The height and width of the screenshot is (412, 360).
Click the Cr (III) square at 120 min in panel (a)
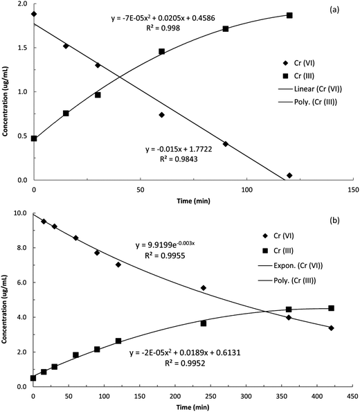click(x=289, y=15)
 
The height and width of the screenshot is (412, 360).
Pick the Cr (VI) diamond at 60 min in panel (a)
click(x=161, y=115)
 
